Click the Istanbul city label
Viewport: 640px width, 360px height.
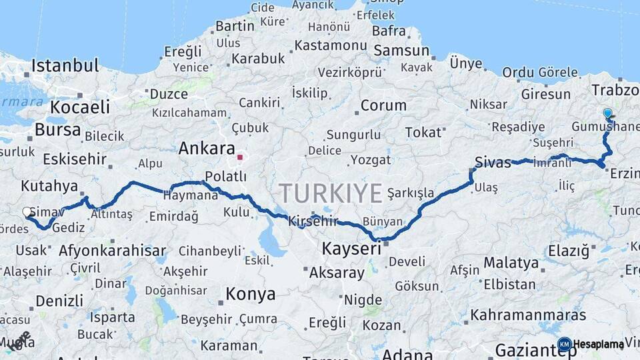[65, 66]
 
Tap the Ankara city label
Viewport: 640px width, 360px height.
[207, 149]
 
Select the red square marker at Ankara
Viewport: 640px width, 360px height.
[240, 158]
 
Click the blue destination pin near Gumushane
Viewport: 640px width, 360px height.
[607, 114]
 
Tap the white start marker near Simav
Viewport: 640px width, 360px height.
[27, 212]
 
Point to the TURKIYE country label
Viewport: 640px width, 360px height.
[331, 193]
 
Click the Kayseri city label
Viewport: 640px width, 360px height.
[351, 249]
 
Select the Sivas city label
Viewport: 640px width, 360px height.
[493, 162]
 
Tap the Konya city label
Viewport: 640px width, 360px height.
[250, 294]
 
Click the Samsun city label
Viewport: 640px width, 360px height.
[401, 51]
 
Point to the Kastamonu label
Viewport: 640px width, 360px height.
[331, 45]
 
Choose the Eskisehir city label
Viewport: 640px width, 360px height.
[75, 159]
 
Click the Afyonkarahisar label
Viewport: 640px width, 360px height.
[112, 251]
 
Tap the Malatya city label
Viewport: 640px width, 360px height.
[511, 262]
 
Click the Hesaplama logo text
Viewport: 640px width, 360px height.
[598, 345]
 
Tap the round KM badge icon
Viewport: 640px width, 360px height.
[565, 344]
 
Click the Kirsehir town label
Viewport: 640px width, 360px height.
[313, 221]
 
